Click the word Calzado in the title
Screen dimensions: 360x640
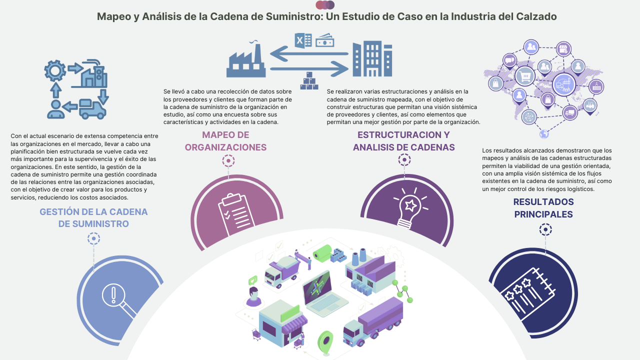(536, 16)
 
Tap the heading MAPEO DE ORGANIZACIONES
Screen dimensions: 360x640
(225, 141)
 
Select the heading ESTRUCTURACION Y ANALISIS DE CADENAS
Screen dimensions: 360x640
(403, 141)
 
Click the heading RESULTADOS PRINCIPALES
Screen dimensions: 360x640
(543, 208)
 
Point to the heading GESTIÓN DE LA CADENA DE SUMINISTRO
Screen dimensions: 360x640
(93, 217)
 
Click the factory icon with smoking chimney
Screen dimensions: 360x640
(245, 60)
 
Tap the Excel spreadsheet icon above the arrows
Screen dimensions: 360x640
(303, 40)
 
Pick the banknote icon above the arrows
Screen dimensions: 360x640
(325, 40)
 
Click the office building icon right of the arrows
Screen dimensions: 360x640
(372, 59)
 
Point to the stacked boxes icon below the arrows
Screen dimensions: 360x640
(309, 81)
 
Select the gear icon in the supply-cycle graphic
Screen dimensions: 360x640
(54, 70)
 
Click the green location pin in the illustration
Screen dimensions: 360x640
(325, 341)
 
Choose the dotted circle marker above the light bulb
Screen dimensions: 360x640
(404, 160)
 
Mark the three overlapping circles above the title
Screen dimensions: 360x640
(325, 5)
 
